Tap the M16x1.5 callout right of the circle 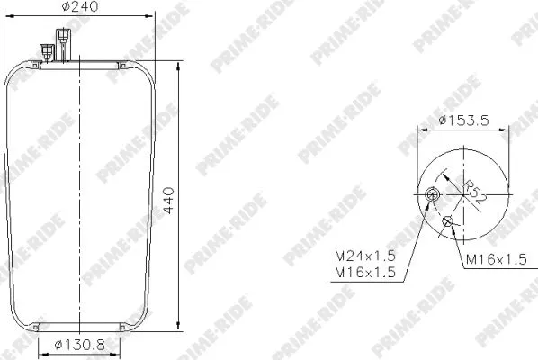coord(496,260)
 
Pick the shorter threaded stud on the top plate coord(45,51)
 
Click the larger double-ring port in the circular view coord(434,198)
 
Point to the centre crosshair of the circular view coord(461,189)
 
